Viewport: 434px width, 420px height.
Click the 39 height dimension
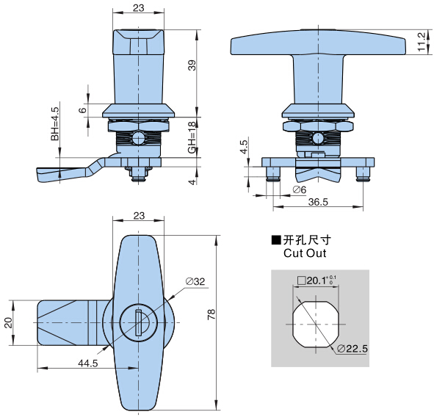click(x=192, y=65)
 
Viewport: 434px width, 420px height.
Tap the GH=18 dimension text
click(x=192, y=137)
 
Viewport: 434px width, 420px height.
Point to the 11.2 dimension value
click(x=422, y=42)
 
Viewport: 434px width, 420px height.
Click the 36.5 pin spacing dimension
click(x=318, y=202)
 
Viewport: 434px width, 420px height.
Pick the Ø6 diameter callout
click(x=300, y=189)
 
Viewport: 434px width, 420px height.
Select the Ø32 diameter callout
click(x=195, y=281)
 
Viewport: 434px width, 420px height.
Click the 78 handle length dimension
click(x=211, y=314)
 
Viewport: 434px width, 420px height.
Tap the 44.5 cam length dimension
click(x=88, y=363)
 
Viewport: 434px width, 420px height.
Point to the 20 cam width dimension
click(x=9, y=323)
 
